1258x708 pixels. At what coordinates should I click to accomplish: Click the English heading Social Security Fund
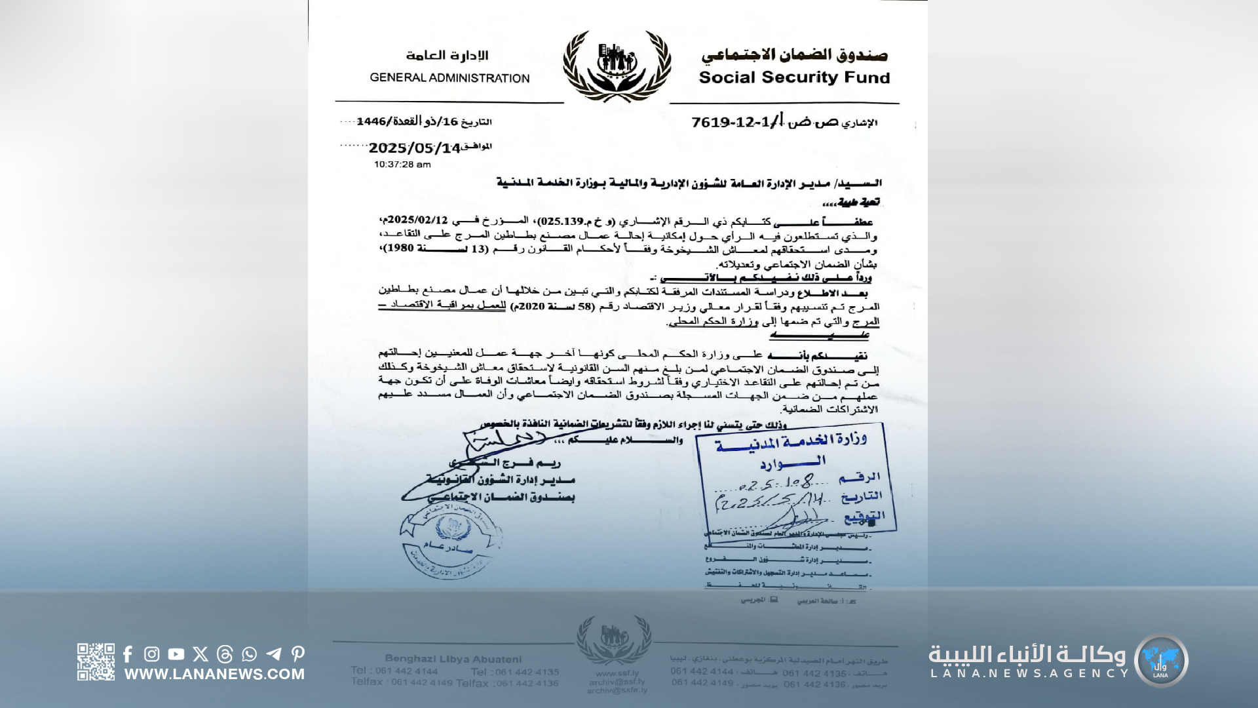point(794,77)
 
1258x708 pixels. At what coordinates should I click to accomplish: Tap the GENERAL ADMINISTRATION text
point(449,78)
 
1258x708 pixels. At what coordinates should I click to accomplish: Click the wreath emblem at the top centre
point(617,66)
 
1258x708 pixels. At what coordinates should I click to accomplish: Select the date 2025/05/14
point(415,148)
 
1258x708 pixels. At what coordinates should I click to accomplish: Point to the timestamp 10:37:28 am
point(402,165)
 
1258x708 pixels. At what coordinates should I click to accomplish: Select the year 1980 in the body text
point(398,248)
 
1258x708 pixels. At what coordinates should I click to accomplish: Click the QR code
point(96,661)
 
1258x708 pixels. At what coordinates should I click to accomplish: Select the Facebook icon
point(128,654)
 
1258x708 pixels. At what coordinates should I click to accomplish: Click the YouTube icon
point(176,654)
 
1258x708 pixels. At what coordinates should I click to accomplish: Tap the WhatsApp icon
point(249,654)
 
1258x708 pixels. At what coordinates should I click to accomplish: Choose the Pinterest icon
point(298,654)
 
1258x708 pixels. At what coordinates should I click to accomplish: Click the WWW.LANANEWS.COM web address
point(214,674)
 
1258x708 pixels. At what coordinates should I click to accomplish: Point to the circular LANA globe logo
point(1161,660)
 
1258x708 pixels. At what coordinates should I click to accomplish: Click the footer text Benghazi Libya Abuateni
point(453,659)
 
